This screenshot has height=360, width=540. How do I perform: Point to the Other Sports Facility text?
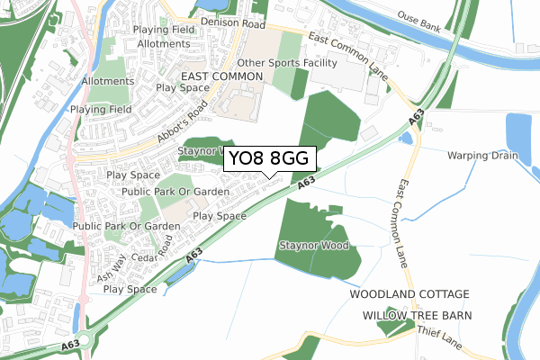tap(287, 63)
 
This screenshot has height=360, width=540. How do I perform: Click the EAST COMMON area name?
tap(220, 78)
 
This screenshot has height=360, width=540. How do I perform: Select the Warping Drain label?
tap(483, 155)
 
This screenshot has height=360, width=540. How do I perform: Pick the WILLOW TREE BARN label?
tap(416, 315)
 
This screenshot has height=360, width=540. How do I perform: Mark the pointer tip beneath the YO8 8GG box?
tap(263, 176)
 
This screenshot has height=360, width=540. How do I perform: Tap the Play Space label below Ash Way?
tap(130, 290)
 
